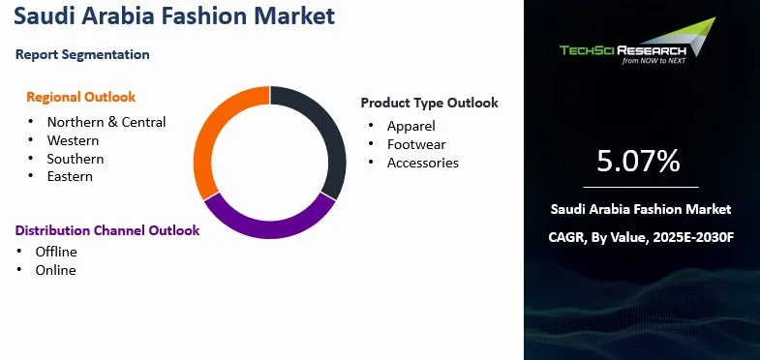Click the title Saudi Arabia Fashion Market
pos(175,16)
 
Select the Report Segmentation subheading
pos(82,54)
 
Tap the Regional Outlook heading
pos(81,97)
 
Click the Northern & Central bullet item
pos(106,122)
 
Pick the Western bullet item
pos(74,140)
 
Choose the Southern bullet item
pos(76,159)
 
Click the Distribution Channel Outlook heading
pos(106,230)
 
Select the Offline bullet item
pos(56,252)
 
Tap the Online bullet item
pos(55,270)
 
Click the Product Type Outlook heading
pos(429,103)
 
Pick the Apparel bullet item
pos(411,126)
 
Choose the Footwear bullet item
pos(416,144)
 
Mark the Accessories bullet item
pos(423,163)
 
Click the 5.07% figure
pos(639,161)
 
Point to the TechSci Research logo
pos(640,44)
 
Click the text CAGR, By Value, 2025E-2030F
pos(640,236)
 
